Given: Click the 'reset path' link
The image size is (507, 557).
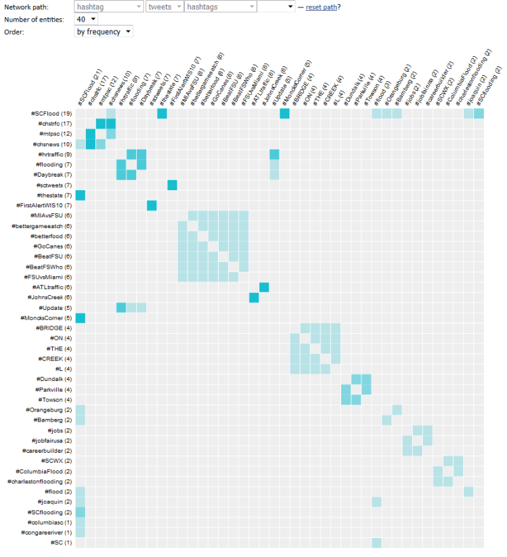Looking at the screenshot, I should coord(321,7).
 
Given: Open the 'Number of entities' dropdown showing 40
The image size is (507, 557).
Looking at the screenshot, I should coord(87,19).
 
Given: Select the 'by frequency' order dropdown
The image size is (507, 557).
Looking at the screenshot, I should coord(104,31).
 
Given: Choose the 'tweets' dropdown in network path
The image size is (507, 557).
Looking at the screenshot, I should coord(164,7).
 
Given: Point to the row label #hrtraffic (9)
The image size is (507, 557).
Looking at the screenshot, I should coord(54,154).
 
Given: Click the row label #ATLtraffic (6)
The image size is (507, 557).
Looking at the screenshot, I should coord(53,287).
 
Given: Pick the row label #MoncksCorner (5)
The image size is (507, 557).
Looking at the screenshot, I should coord(47,318).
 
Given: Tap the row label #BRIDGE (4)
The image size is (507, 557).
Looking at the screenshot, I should coord(57,328).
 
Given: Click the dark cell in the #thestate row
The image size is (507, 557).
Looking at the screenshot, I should coord(80,196).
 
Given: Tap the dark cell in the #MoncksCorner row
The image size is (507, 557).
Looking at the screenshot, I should coord(80,318).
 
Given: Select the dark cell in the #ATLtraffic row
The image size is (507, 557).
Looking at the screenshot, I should coord(264,287).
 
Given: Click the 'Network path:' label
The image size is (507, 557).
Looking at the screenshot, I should coord(25,7).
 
